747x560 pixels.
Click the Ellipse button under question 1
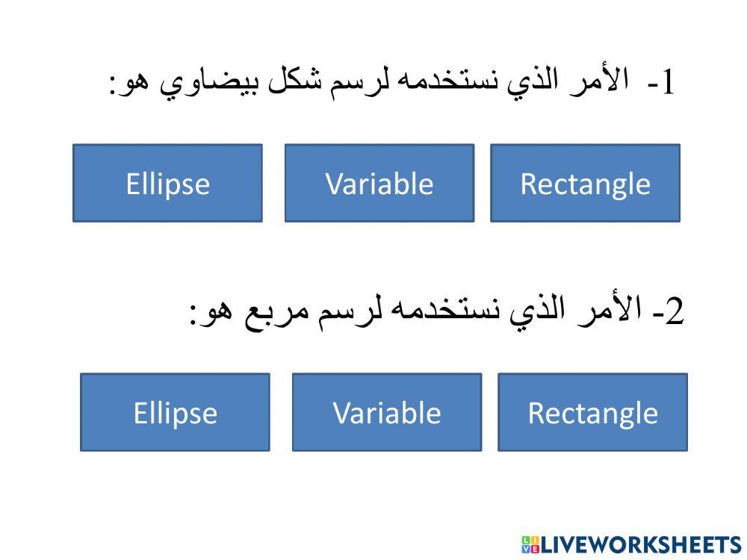(x=167, y=184)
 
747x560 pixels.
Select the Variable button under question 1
(x=379, y=184)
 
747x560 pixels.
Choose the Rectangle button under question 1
(x=586, y=184)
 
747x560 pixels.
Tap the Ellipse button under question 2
(x=176, y=412)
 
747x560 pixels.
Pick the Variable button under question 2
(x=387, y=412)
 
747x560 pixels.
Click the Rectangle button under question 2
(x=593, y=412)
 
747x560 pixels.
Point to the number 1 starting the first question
(x=668, y=82)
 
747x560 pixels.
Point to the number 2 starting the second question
(x=675, y=311)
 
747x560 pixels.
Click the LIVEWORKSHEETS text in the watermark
(x=641, y=545)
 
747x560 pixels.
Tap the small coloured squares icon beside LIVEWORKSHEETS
(x=530, y=545)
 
